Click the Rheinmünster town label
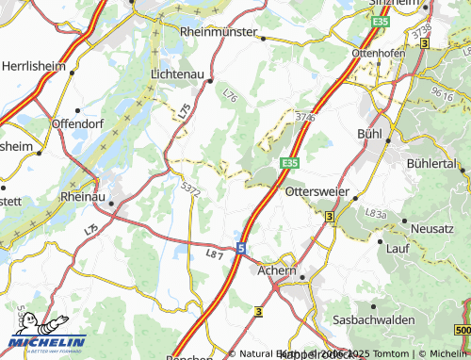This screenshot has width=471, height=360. (219, 31)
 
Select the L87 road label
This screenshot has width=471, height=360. (214, 254)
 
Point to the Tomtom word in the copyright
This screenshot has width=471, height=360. (393, 354)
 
